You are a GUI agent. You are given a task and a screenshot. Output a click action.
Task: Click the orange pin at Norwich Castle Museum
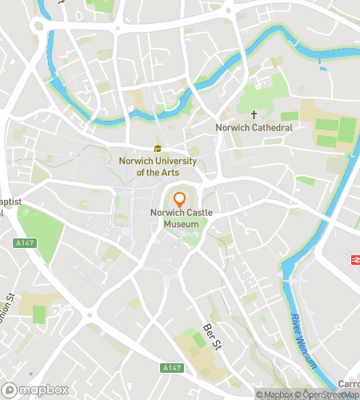180,200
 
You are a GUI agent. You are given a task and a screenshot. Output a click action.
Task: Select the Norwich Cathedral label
254,127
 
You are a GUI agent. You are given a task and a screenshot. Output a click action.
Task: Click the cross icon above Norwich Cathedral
254,115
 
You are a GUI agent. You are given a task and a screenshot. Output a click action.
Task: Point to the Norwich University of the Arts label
157,166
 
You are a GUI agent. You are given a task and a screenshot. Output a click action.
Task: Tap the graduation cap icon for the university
158,148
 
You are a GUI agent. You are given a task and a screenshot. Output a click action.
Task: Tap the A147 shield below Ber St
170,367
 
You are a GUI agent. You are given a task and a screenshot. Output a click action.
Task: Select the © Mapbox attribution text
274,394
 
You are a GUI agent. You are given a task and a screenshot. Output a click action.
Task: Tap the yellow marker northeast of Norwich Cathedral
274,62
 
